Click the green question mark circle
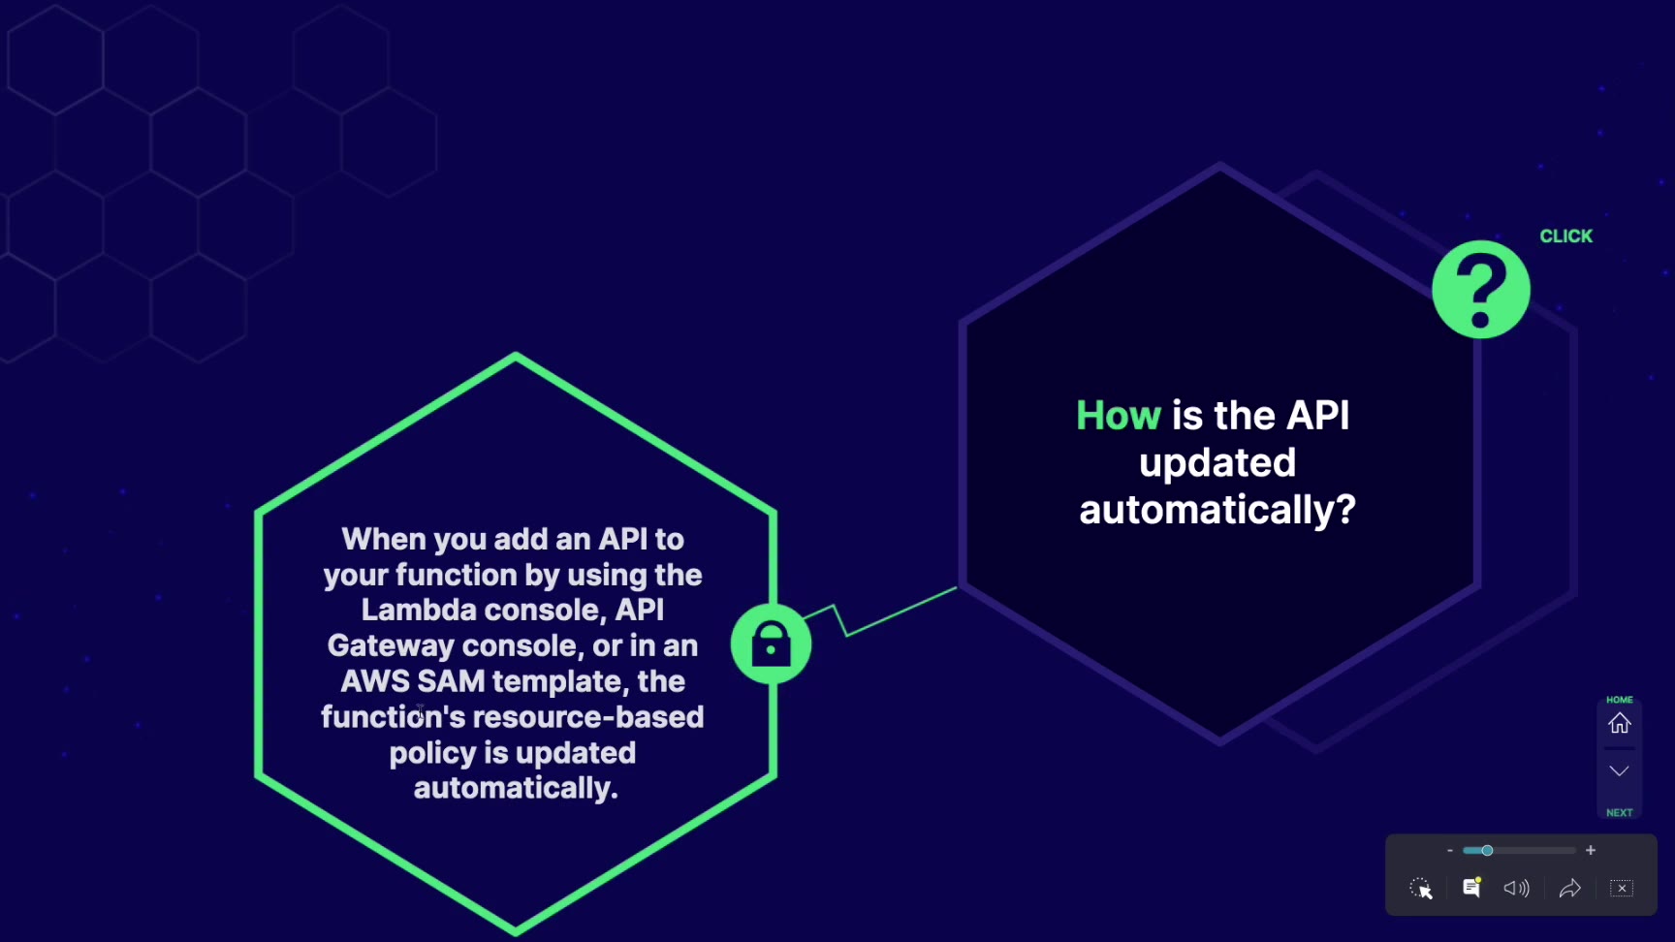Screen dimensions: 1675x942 1481,290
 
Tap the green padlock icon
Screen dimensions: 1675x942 771,644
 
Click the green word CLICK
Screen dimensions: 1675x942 1565,236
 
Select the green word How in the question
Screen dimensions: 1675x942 1119,416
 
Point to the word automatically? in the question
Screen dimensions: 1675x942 1217,510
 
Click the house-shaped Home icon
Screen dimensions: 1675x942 1620,723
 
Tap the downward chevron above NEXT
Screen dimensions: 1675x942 1620,771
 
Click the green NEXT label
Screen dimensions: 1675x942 1620,813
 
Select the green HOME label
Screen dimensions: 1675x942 1620,700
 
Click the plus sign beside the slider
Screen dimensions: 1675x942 1591,850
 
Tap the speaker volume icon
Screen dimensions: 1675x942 1516,888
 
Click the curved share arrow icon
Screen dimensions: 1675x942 1570,888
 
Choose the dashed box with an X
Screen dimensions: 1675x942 1622,888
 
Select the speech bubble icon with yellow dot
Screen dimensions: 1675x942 1471,887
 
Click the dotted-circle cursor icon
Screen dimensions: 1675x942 1421,889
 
